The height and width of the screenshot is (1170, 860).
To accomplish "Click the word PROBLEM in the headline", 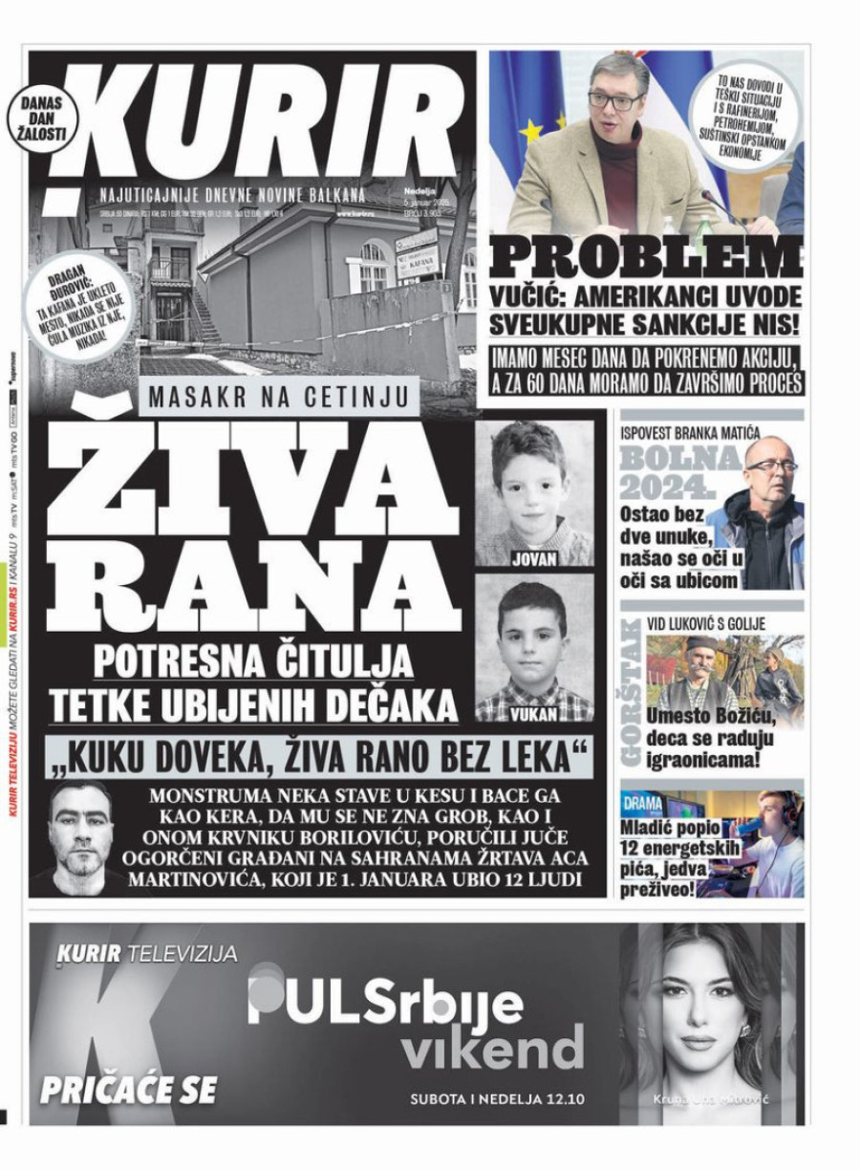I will coord(646,258).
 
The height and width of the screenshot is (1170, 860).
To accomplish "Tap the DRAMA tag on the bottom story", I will coord(642,801).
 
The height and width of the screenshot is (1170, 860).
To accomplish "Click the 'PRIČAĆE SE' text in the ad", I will coord(128,1089).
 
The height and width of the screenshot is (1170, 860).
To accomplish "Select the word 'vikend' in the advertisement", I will coord(491,1048).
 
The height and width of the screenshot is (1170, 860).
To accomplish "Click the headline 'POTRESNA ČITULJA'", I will coord(253,661).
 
